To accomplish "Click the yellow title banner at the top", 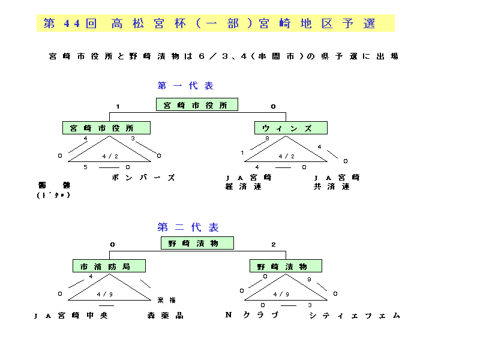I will pos(215,23).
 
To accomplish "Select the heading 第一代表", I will pos(185,86).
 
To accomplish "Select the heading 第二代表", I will pos(188,227).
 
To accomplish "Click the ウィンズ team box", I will pos(291,128).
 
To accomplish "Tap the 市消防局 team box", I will pos(110,266).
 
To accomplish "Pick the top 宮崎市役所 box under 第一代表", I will pos(197,105).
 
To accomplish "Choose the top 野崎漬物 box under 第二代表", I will pos(197,243).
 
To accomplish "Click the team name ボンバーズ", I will pos(143,178).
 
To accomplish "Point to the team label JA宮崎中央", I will pos(71,316).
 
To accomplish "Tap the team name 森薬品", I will pos(165,316).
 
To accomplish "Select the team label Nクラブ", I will pos(252,315).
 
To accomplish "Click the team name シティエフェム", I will pos(355,316).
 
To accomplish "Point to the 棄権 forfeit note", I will pos(167,300).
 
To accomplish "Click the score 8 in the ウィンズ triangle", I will pos(267,139).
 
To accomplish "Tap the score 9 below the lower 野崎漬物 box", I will pos(309,280).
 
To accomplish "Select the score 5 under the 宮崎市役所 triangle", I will pos(85,167).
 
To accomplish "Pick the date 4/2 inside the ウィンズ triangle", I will pos(286,156).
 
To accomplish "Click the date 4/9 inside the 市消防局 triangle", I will pos(104,294).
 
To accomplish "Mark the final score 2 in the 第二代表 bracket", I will pos(274,244).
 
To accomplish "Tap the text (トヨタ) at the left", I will pos(53,195).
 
